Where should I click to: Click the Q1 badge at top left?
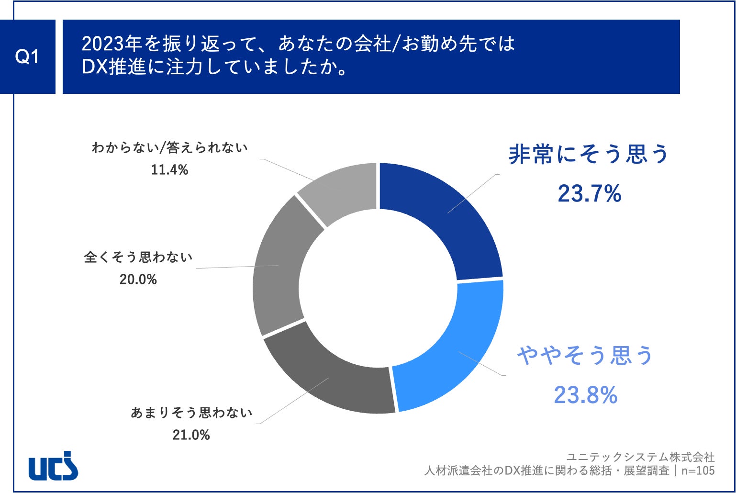pos(27,57)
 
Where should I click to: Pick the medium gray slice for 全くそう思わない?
pos(278,266)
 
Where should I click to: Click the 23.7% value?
pos(589,194)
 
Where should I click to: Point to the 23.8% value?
pos(585,395)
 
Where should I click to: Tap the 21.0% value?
pos(191,435)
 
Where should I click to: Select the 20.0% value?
pos(138,279)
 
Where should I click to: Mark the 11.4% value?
pos(169,169)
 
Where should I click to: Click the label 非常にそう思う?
pos(588,155)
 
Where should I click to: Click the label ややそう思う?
pos(585,356)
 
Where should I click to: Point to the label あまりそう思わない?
pos(191,413)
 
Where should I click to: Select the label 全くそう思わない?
pos(138,257)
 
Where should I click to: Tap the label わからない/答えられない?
pos(169,147)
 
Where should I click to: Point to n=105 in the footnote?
pos(698,471)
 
